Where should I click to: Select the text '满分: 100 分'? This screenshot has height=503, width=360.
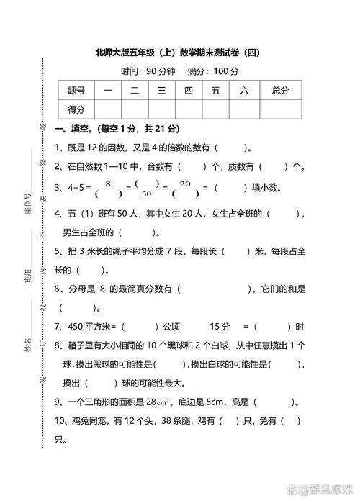(x=213, y=71)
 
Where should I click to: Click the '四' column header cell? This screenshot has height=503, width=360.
(x=188, y=90)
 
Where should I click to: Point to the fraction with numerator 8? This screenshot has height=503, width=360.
(x=108, y=189)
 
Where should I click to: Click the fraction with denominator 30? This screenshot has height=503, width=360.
(x=147, y=189)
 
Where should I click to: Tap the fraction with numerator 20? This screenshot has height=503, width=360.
(x=185, y=189)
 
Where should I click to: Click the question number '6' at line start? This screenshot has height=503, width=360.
(x=58, y=288)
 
